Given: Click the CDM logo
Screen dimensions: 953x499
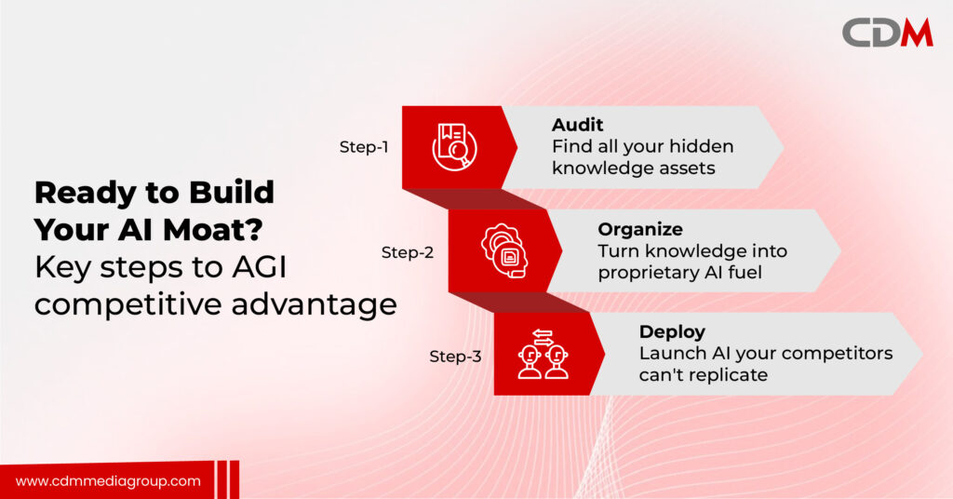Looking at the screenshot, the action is (x=887, y=33).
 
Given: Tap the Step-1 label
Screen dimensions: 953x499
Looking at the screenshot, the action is (x=364, y=147).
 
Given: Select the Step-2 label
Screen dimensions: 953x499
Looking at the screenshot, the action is (x=408, y=252).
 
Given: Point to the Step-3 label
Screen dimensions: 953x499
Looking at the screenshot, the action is (x=455, y=357).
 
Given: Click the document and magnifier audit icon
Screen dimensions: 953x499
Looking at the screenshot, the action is (x=454, y=146).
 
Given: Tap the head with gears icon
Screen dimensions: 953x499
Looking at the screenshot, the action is (x=504, y=251).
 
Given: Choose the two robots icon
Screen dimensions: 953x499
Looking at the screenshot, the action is (x=543, y=355).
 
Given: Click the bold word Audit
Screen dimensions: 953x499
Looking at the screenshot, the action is (x=577, y=125).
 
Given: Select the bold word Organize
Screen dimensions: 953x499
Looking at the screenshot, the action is (x=640, y=230).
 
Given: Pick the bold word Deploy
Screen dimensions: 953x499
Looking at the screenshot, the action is (x=672, y=331).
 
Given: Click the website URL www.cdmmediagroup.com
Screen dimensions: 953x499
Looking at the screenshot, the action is (x=108, y=481).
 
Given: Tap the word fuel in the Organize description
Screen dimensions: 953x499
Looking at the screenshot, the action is (x=745, y=272).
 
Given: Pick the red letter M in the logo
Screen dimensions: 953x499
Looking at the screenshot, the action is (x=917, y=33).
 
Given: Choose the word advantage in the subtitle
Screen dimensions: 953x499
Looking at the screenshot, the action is (x=315, y=304).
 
